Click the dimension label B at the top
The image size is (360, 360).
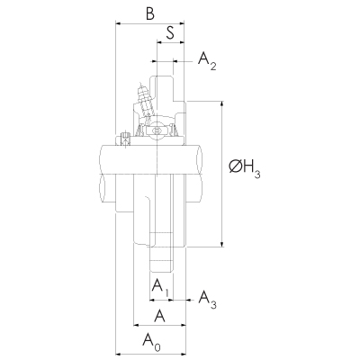click(148, 14)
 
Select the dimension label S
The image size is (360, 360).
click(170, 35)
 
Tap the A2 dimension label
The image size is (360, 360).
click(208, 61)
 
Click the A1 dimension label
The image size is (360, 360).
click(160, 287)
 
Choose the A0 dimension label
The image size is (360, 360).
click(152, 341)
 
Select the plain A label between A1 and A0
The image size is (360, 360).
click(159, 315)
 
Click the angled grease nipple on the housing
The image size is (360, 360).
click(141, 96)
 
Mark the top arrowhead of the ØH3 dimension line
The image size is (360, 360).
click(221, 105)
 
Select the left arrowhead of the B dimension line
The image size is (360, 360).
click(117, 26)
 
